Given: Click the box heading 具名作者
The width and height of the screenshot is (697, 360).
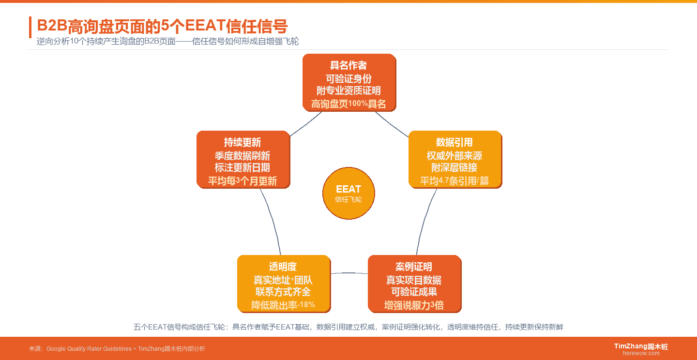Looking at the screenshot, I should click(348, 65).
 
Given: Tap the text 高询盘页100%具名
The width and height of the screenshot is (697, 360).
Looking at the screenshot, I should click(348, 104).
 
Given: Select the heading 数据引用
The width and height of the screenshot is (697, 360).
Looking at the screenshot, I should click(455, 142).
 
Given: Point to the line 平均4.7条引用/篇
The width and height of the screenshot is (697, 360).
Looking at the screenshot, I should click(455, 181).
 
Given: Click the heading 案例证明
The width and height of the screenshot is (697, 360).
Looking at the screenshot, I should click(414, 267).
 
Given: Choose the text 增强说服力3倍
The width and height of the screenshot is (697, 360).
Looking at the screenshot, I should click(414, 305).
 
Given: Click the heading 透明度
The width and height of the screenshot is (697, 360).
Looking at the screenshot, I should click(283, 267).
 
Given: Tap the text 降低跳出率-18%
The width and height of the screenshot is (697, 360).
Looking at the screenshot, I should click(283, 305).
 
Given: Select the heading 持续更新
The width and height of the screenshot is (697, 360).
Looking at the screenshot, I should click(242, 142).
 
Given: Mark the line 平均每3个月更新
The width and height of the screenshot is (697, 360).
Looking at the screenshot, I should click(242, 181).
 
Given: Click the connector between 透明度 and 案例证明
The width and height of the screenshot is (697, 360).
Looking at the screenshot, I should click(349, 273).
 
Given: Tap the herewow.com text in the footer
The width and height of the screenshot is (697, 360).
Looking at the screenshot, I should click(641, 353).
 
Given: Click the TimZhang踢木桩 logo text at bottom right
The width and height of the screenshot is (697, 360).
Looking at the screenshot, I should click(641, 346).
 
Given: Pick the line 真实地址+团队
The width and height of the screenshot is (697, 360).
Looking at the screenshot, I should click(283, 280).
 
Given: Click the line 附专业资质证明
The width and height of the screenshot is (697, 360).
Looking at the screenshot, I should click(348, 90).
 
